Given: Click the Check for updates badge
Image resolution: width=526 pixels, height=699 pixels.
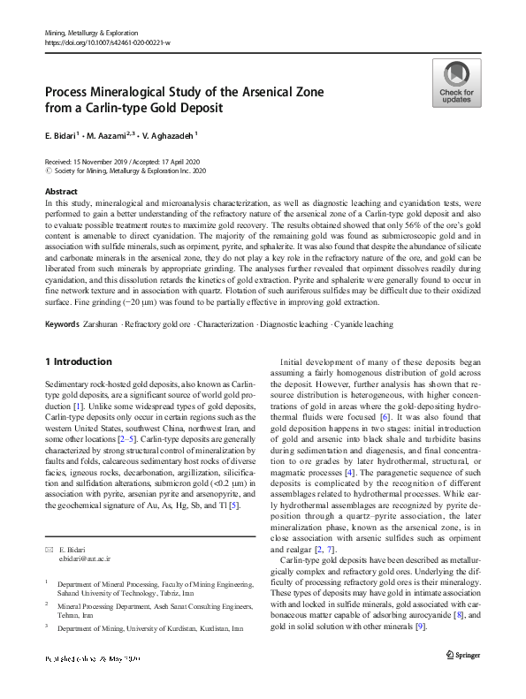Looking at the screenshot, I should (x=456, y=84).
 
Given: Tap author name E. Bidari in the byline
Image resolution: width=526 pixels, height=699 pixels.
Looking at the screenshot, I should (x=59, y=135).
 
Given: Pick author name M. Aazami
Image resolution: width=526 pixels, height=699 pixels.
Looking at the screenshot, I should (x=110, y=135).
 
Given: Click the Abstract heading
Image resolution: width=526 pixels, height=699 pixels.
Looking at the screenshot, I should (x=60, y=191).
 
